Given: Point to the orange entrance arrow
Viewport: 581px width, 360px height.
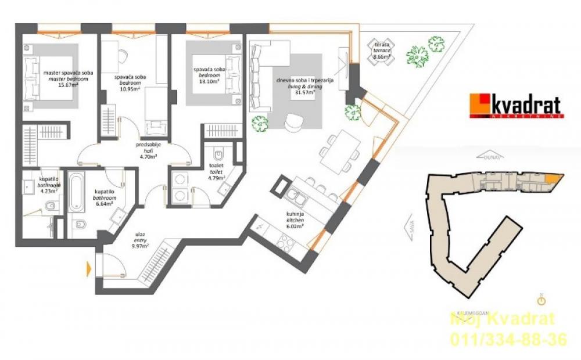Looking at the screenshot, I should coord(89,268).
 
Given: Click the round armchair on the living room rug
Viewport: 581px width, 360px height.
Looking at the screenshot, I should coord(294,120).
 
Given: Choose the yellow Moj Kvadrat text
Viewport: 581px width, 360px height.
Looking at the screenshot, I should coord(503,319).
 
